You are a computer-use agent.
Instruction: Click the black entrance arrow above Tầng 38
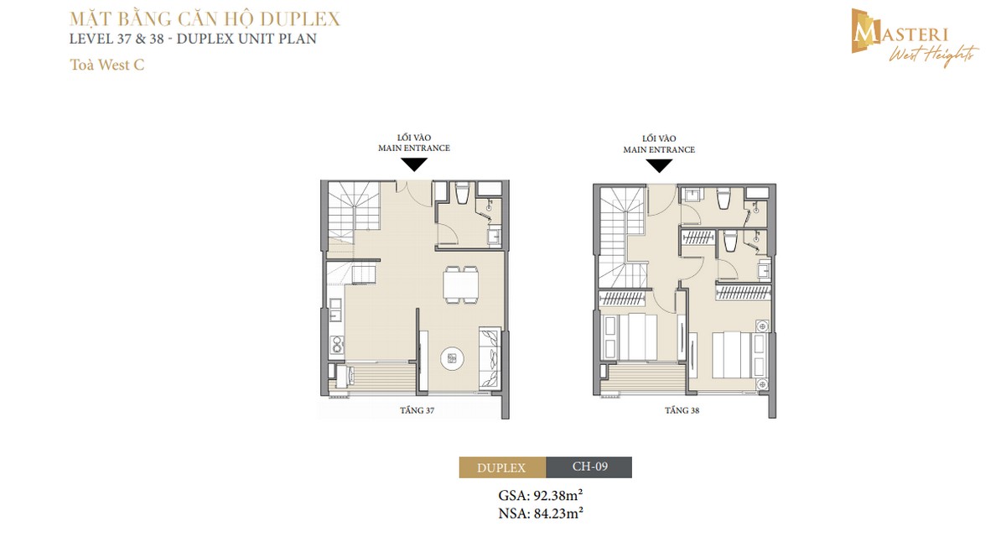[x=659, y=164]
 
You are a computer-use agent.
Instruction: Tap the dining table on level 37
[x=461, y=283]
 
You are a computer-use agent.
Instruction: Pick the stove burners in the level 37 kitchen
[x=337, y=343]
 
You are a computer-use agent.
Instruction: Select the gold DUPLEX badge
[x=501, y=467]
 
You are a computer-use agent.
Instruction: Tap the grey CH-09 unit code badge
[x=589, y=467]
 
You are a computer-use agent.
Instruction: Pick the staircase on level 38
[x=621, y=227]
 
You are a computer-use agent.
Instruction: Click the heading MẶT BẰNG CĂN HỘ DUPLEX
[x=192, y=18]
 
